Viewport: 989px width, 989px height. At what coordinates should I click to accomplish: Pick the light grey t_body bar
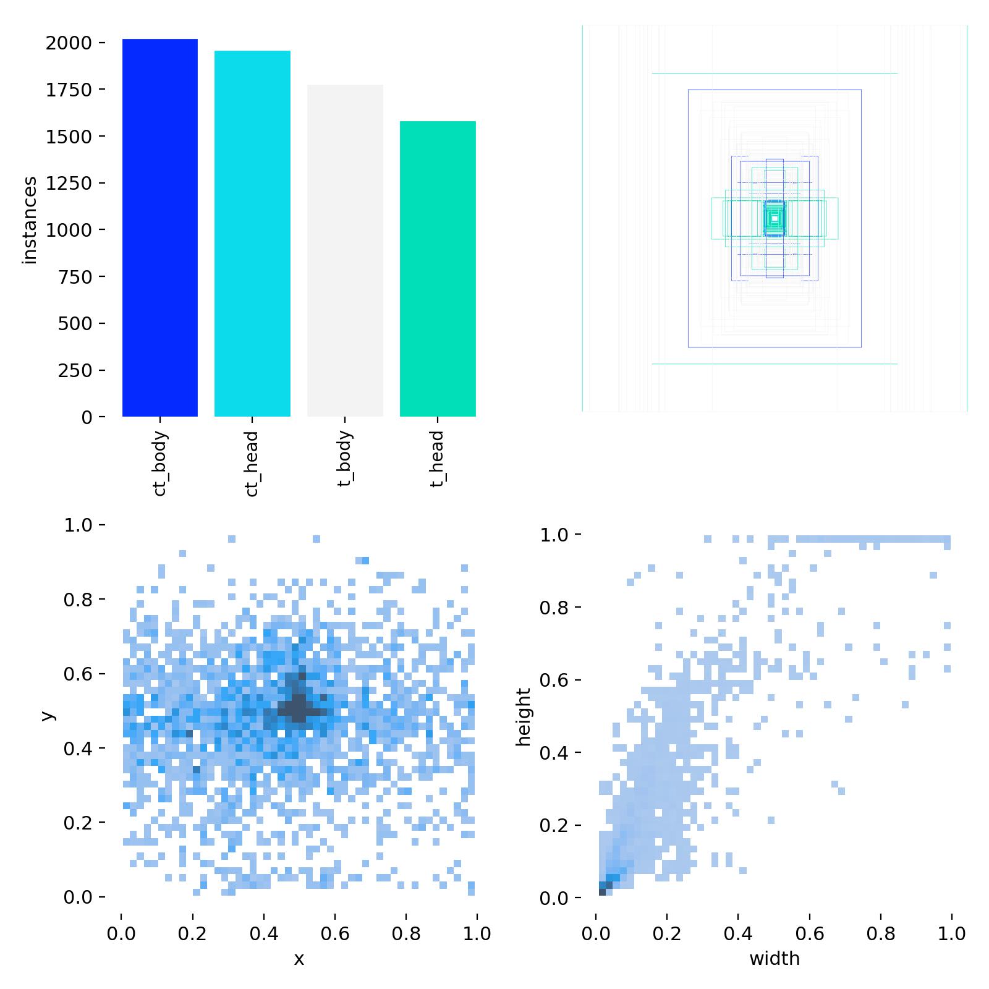[x=345, y=250]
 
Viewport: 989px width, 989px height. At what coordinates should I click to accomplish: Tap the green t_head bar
[x=438, y=269]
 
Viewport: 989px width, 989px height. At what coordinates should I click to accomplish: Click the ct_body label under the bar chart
[x=159, y=464]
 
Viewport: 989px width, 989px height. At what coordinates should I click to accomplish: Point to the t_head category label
[x=437, y=459]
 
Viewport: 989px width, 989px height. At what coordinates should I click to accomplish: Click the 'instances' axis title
[x=30, y=221]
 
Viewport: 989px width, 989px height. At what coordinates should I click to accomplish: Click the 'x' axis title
[x=299, y=959]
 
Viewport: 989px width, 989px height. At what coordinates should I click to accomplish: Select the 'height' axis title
[x=524, y=717]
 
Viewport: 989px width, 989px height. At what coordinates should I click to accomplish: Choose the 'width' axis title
[x=775, y=959]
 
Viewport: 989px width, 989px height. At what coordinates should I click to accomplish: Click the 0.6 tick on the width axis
[x=810, y=933]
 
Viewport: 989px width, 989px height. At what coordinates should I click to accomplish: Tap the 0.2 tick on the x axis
[x=192, y=933]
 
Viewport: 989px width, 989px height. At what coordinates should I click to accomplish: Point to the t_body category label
[x=345, y=459]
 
